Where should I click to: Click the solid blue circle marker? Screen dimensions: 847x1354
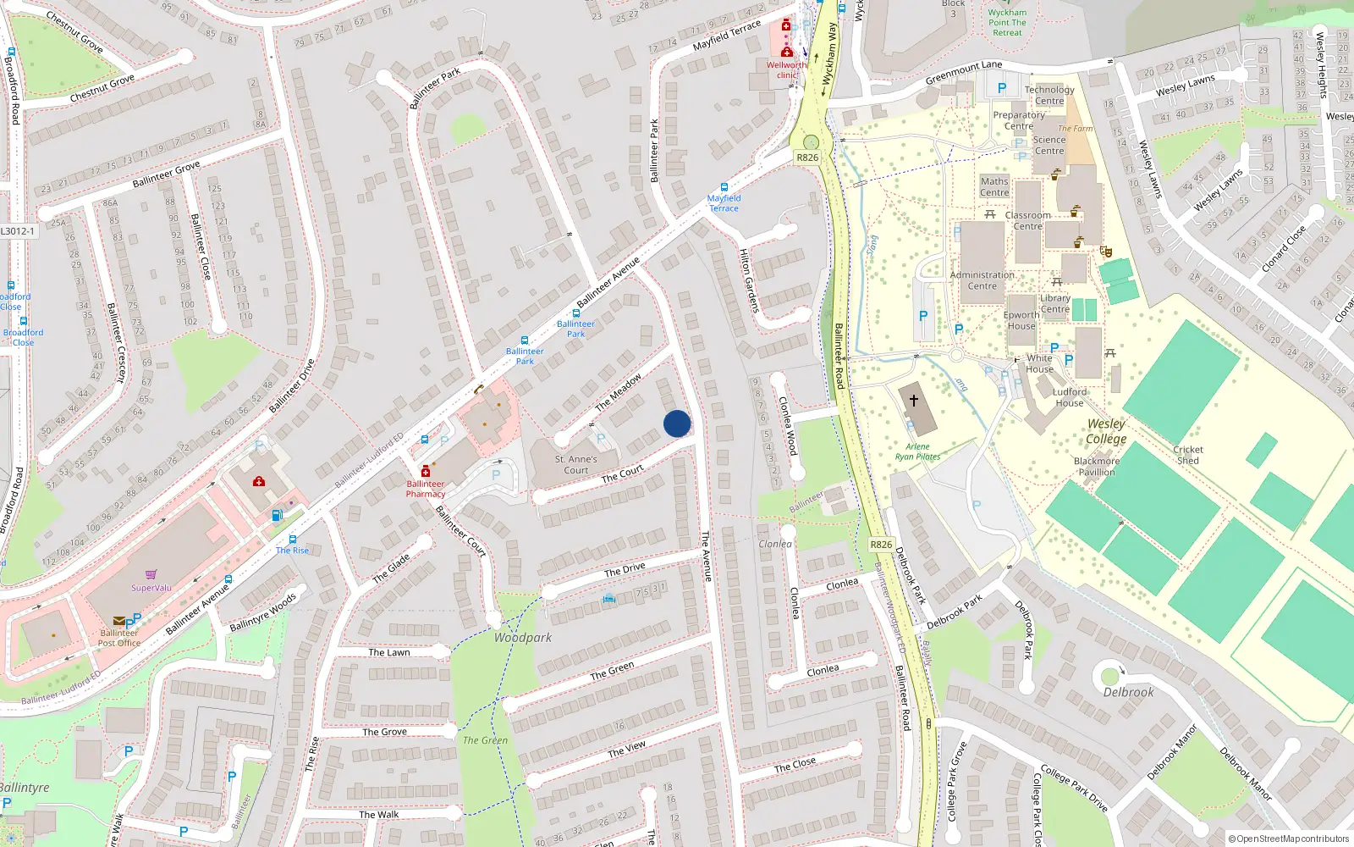click(x=677, y=423)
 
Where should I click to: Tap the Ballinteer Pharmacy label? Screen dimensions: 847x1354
click(x=426, y=489)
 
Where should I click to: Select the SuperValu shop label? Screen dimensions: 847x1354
click(x=151, y=588)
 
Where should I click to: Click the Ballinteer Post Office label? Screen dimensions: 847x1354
click(x=119, y=638)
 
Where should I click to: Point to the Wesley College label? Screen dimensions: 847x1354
click(x=1106, y=431)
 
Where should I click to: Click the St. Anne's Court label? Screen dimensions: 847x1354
click(x=576, y=464)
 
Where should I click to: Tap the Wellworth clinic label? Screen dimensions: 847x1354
click(x=786, y=69)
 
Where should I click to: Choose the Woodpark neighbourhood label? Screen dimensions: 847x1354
click(x=523, y=637)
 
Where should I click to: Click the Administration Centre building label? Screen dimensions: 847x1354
click(x=982, y=280)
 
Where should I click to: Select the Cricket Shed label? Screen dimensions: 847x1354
click(x=1188, y=455)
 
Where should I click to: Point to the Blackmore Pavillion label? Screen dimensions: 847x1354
click(x=1097, y=467)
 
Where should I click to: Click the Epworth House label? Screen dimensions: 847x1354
click(x=1021, y=320)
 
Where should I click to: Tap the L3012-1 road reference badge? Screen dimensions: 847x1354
click(x=18, y=231)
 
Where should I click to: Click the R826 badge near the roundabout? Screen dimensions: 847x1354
click(x=807, y=158)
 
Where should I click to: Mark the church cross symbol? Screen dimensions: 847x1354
click(x=914, y=400)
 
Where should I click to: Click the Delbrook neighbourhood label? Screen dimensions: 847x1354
click(x=1128, y=692)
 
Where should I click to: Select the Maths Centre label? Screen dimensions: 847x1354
click(x=994, y=186)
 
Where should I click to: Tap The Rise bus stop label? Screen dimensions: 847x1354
click(x=293, y=551)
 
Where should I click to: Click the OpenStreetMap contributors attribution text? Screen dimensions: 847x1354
click(x=1288, y=839)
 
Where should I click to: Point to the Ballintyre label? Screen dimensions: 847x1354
click(x=24, y=788)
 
